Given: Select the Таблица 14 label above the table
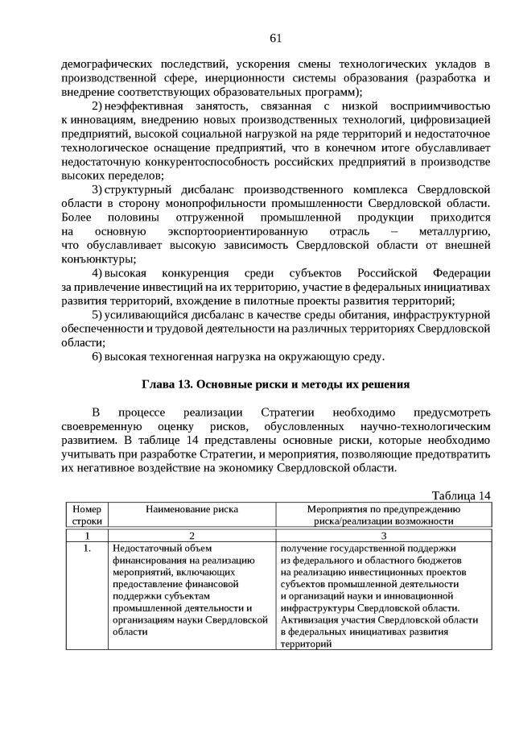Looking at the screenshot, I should (461, 495).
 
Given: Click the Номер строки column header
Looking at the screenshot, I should (86, 515).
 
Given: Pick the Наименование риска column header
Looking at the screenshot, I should (192, 509).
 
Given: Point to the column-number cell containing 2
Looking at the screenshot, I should (192, 535).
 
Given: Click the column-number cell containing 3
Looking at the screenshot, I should (383, 535).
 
